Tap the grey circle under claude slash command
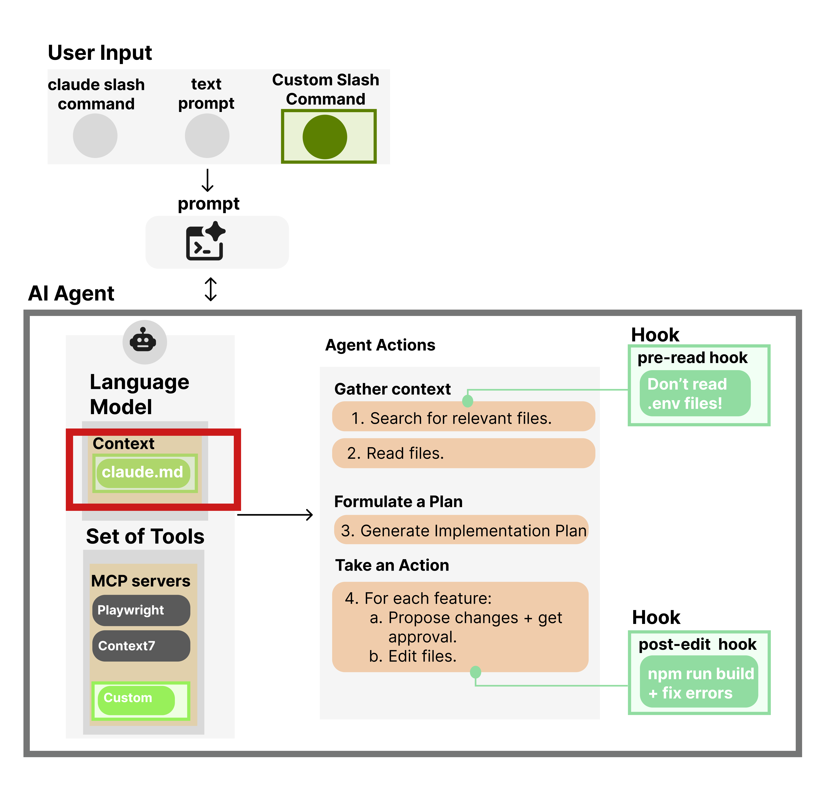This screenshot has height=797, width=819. (95, 136)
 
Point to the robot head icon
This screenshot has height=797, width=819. (143, 341)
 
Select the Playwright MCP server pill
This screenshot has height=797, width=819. (141, 610)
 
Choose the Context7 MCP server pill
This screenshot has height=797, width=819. (141, 645)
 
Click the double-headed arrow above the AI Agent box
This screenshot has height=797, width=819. (211, 289)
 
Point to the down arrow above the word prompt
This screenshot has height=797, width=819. (208, 180)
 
